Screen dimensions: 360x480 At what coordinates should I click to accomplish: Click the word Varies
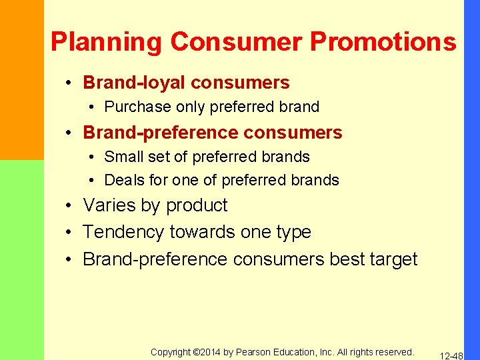(107, 205)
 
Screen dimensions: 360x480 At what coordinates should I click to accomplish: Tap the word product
(197, 205)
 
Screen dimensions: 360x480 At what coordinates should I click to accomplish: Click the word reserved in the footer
(393, 352)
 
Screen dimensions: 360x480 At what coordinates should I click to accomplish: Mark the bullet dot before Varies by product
(69, 206)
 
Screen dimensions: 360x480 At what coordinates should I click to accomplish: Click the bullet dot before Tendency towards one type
(69, 233)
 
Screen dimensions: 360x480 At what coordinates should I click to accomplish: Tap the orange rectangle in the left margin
(22, 80)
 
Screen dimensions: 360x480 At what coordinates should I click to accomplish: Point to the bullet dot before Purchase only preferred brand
(93, 107)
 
